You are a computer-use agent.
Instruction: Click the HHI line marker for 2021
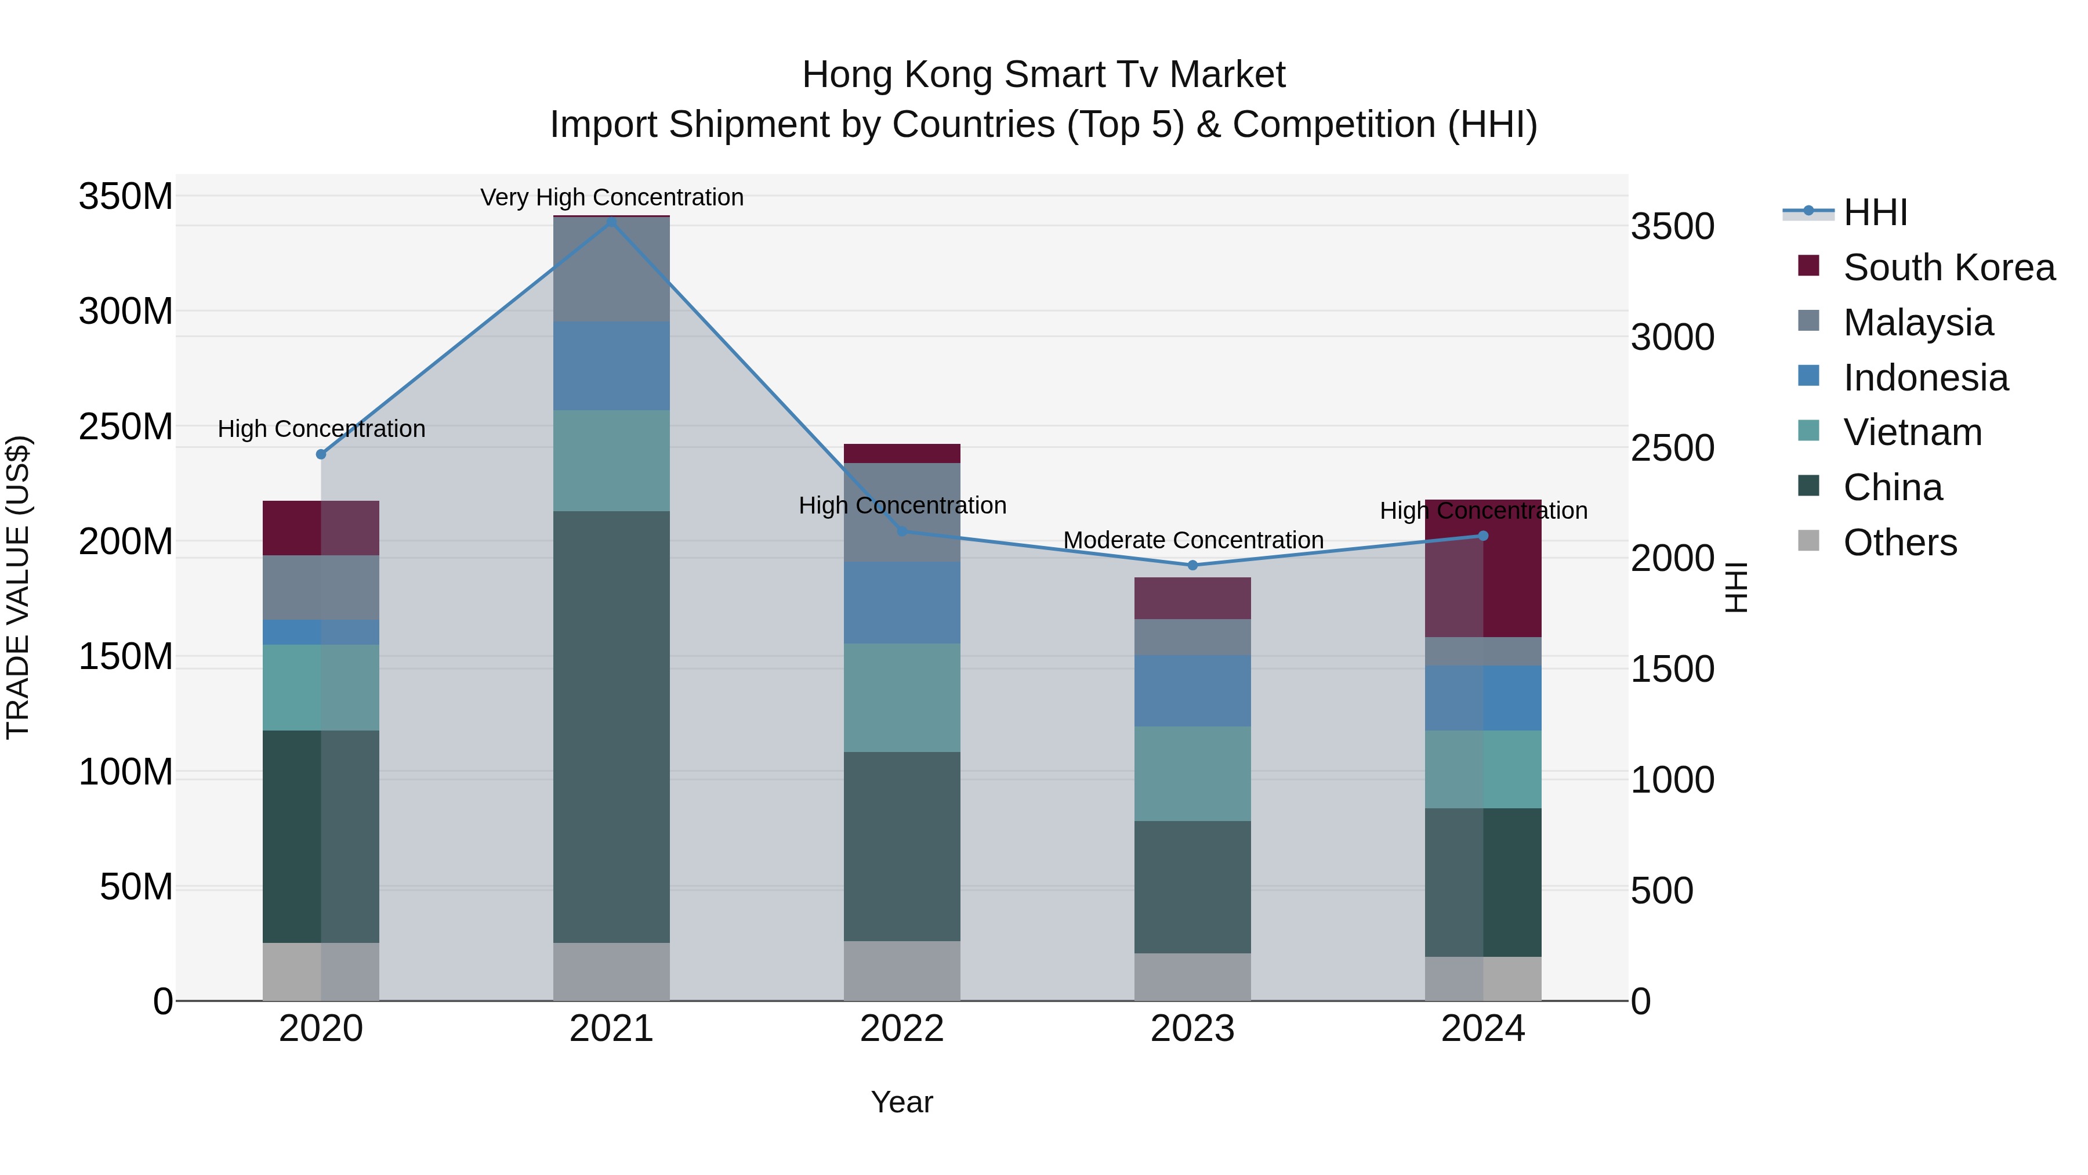coord(611,222)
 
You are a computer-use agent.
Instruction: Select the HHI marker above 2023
coord(1192,565)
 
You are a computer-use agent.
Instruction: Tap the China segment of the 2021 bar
coord(611,726)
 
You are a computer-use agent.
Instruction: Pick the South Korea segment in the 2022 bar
coord(901,453)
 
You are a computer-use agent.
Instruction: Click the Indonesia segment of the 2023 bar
coord(1192,691)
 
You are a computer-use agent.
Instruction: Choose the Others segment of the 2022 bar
coord(901,971)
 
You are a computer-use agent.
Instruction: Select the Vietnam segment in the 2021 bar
coord(611,461)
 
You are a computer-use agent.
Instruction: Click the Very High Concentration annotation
coord(611,197)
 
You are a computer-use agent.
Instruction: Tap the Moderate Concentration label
coord(1192,540)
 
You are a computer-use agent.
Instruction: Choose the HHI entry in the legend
coord(1874,212)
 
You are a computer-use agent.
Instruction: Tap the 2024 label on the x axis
coord(1482,1029)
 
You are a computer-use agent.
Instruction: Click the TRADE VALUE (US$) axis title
coord(18,587)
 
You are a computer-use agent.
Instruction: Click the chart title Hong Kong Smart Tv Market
coord(1043,75)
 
